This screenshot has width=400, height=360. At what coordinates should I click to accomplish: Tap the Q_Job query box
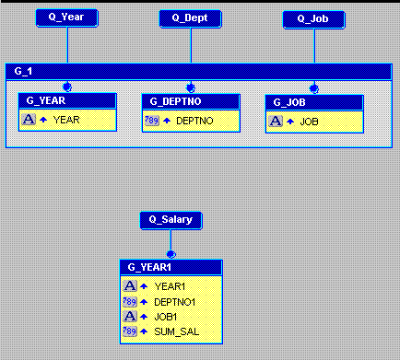click(x=314, y=17)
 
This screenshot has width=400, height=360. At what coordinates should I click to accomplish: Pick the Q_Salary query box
click(x=171, y=220)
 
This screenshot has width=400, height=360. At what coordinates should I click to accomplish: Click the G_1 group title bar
click(x=199, y=71)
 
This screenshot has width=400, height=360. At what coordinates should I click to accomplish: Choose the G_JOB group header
click(x=314, y=101)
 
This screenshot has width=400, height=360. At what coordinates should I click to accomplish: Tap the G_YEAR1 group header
click(x=171, y=266)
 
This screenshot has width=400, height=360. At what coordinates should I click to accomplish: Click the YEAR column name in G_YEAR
click(x=67, y=120)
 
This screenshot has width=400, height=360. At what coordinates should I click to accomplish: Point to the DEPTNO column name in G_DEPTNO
click(x=194, y=121)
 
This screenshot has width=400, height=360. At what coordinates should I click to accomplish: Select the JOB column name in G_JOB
click(x=309, y=121)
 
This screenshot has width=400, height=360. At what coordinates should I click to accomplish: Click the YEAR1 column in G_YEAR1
click(x=170, y=286)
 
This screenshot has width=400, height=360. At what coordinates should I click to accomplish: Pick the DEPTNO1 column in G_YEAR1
click(x=175, y=301)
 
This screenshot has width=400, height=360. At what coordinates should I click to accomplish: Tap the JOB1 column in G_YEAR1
click(x=167, y=316)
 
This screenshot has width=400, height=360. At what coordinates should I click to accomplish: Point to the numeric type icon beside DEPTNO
click(x=152, y=121)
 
